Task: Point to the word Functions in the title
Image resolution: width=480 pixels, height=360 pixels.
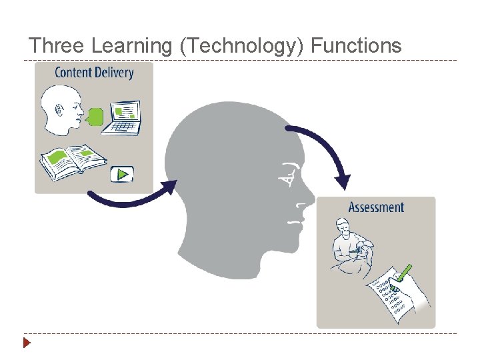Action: pos(356,45)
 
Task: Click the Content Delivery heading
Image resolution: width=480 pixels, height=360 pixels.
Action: pos(94,73)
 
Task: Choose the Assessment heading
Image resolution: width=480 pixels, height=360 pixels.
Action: pos(376,207)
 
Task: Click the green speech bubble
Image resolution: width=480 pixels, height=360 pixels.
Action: pos(96,117)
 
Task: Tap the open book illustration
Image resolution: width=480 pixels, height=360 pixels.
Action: pos(73,159)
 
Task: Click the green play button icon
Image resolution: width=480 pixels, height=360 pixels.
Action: pos(121,174)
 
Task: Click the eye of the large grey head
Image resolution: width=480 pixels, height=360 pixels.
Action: pos(290,174)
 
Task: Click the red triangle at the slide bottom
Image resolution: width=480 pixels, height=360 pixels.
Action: pos(27,344)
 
